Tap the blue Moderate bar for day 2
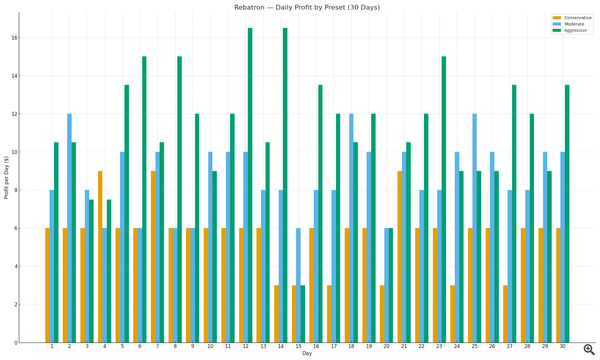[69, 228]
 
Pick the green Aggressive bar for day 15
[303, 314]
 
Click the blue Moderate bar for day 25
[474, 228]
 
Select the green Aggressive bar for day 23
[444, 200]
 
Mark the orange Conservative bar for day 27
[505, 314]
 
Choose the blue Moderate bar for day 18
[351, 228]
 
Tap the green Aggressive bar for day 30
[567, 214]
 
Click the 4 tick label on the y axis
[16, 266]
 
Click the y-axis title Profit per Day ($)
[6, 177]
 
